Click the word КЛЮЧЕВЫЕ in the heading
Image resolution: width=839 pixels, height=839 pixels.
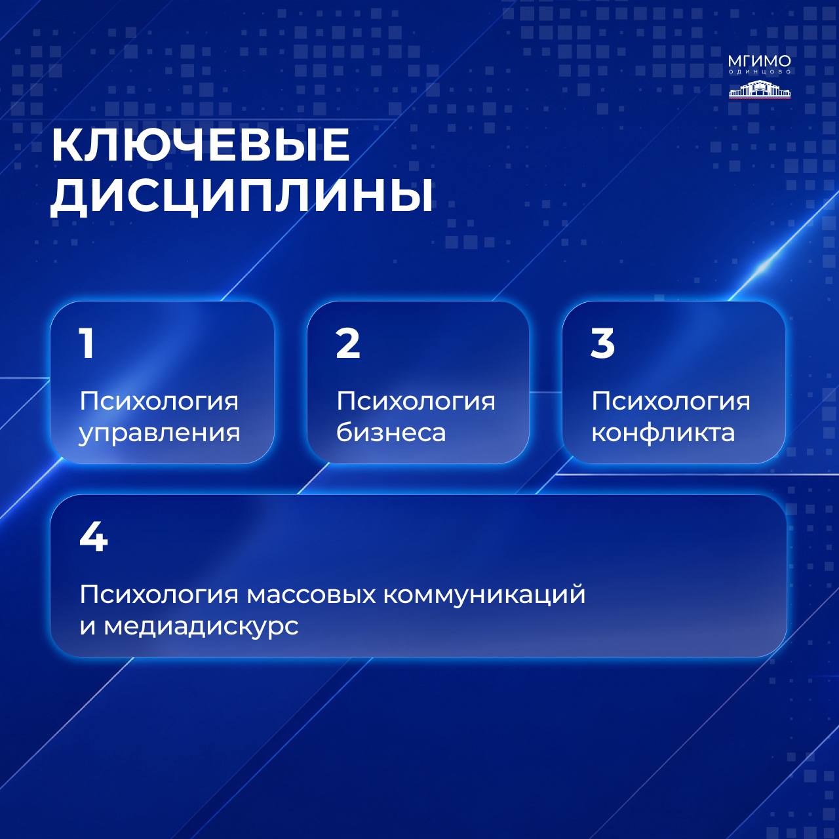click(x=201, y=145)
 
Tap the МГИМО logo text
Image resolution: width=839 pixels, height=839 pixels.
click(x=759, y=61)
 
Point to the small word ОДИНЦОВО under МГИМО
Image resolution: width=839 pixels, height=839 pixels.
click(x=759, y=72)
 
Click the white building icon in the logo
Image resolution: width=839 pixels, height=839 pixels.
click(x=759, y=89)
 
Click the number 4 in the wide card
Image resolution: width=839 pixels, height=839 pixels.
click(x=94, y=537)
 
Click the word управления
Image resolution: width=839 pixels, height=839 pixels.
click(x=159, y=433)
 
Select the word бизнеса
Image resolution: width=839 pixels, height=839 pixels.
click(x=391, y=432)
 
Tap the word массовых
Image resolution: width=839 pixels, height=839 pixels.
click(x=311, y=595)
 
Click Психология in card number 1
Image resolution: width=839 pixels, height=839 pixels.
click(x=159, y=402)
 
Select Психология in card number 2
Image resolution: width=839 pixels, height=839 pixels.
click(x=416, y=402)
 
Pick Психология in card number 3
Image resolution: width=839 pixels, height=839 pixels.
click(x=671, y=402)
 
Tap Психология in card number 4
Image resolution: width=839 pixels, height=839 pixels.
click(x=159, y=595)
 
